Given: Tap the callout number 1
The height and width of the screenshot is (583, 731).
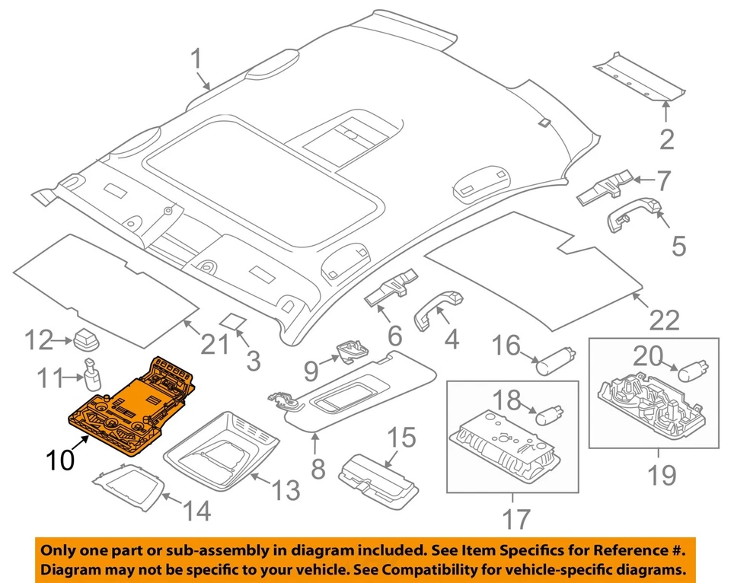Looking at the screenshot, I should coord(196,59).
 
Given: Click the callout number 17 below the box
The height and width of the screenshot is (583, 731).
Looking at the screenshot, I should coord(516,519).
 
